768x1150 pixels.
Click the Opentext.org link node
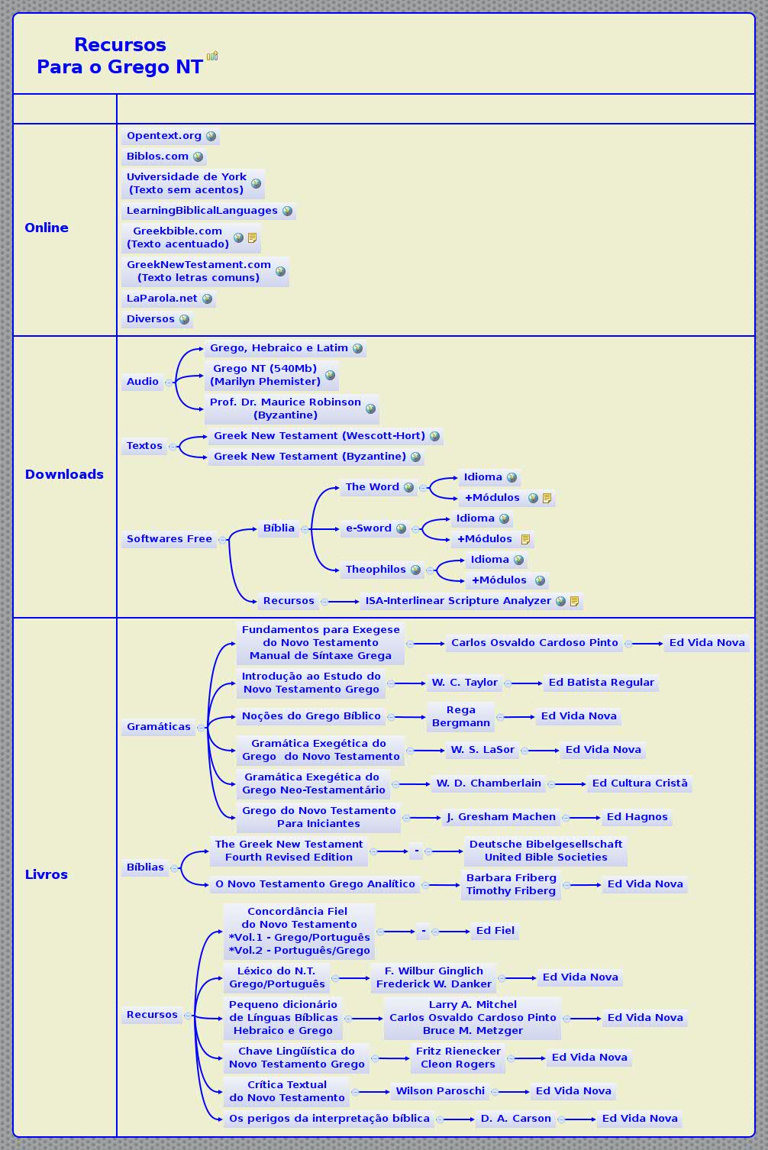pos(164,136)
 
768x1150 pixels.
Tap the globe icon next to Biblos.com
pos(198,157)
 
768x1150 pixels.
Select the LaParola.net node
pos(162,299)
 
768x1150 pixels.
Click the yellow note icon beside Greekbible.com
pos(253,238)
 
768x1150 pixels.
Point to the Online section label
pos(47,228)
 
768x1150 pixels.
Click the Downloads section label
pos(64,474)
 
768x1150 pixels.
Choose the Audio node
pos(143,382)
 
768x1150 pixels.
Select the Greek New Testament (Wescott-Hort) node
pos(319,436)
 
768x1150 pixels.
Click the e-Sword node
pos(369,528)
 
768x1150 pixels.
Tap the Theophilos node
pos(376,570)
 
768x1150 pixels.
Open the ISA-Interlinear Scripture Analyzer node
pos(458,601)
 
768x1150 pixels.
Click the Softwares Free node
pos(169,539)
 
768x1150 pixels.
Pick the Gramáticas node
pos(159,727)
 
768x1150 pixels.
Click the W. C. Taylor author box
pos(464,683)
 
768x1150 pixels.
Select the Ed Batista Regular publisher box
pos(601,683)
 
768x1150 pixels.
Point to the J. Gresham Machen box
pos(501,817)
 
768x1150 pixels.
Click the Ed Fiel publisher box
pos(495,931)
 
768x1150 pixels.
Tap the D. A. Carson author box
pos(515,1119)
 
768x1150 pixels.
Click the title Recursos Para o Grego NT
pos(120,56)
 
